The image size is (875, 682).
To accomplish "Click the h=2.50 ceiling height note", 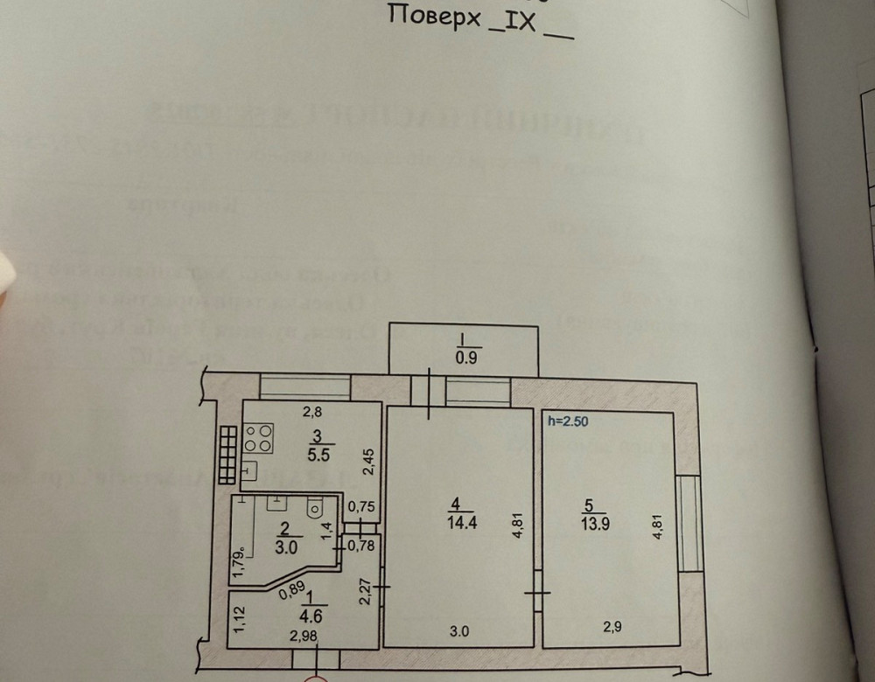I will click(x=567, y=421).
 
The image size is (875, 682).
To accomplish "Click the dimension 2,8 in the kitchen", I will click(x=312, y=411).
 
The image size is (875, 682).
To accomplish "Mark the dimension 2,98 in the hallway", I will click(x=303, y=637).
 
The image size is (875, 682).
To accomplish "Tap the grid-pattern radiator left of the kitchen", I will click(x=227, y=455).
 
